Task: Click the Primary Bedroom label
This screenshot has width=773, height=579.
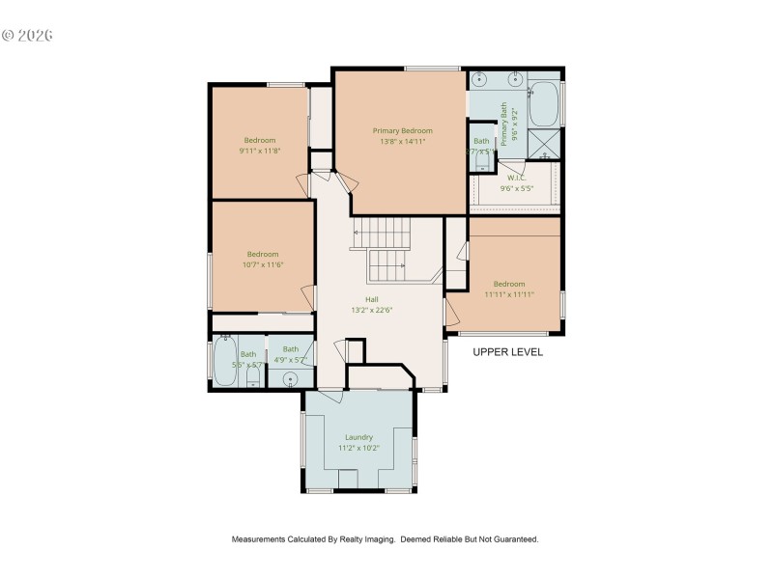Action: [x=402, y=130]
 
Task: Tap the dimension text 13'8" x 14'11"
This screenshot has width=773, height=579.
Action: [x=402, y=141]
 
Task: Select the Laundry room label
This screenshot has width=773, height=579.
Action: [x=358, y=437]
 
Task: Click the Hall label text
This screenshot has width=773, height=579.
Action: [x=371, y=299]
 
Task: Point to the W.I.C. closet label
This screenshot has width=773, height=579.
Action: [x=517, y=178]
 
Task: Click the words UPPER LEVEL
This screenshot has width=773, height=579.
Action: [x=507, y=352]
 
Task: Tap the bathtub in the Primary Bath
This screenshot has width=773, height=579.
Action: [x=544, y=103]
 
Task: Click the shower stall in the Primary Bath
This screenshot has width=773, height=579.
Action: [x=546, y=145]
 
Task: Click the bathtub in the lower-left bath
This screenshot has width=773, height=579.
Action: [x=225, y=362]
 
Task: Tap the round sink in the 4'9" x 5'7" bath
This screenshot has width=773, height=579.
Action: [x=290, y=377]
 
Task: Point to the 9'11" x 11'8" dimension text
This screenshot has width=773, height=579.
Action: [x=259, y=151]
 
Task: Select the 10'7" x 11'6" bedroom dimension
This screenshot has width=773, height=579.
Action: [x=262, y=264]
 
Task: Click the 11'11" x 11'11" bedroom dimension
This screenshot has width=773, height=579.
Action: [x=509, y=294]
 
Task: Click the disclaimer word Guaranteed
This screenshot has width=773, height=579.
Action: [x=512, y=539]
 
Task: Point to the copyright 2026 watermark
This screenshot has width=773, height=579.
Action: [x=27, y=36]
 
